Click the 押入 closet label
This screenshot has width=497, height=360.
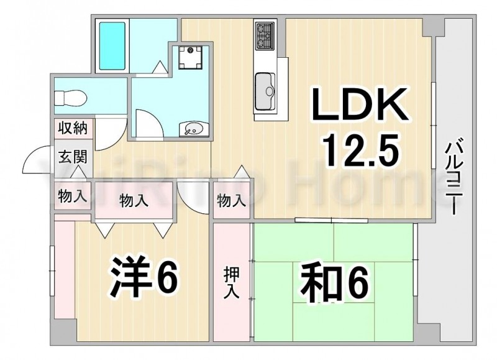(x=231, y=283)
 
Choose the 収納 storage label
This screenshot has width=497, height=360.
(x=73, y=128)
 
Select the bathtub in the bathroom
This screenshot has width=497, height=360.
(x=112, y=46)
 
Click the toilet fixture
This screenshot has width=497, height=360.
(x=70, y=98)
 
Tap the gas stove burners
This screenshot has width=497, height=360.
(x=265, y=35)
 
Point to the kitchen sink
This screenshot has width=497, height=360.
(x=265, y=90)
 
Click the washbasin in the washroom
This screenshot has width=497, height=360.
(x=194, y=129)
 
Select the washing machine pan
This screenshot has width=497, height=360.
(x=190, y=57)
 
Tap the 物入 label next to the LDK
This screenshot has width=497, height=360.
(x=231, y=200)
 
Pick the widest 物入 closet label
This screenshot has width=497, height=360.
(x=134, y=200)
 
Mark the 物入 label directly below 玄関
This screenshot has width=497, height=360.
(x=73, y=196)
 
